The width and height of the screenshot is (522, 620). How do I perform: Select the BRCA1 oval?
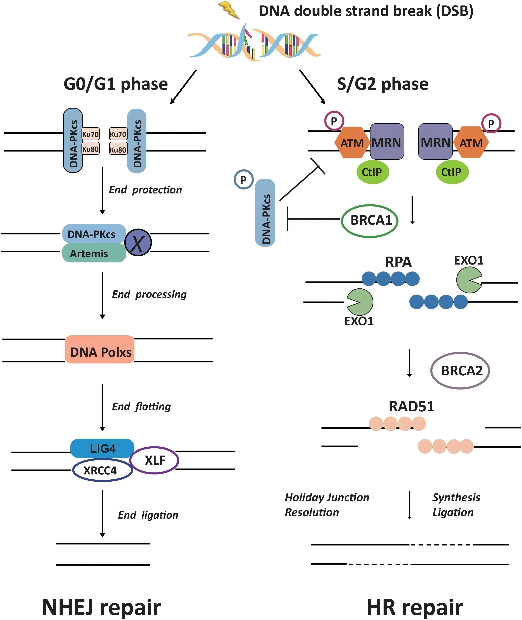point(370,221)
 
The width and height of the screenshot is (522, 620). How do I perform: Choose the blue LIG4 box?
point(102,448)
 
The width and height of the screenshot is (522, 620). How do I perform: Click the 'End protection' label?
point(145,190)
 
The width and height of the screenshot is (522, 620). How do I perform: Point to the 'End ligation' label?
point(148,515)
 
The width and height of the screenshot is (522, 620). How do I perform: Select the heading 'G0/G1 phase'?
point(116,84)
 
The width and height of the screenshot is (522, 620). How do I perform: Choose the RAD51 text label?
point(411,406)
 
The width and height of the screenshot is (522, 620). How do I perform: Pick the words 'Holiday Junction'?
point(327,497)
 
